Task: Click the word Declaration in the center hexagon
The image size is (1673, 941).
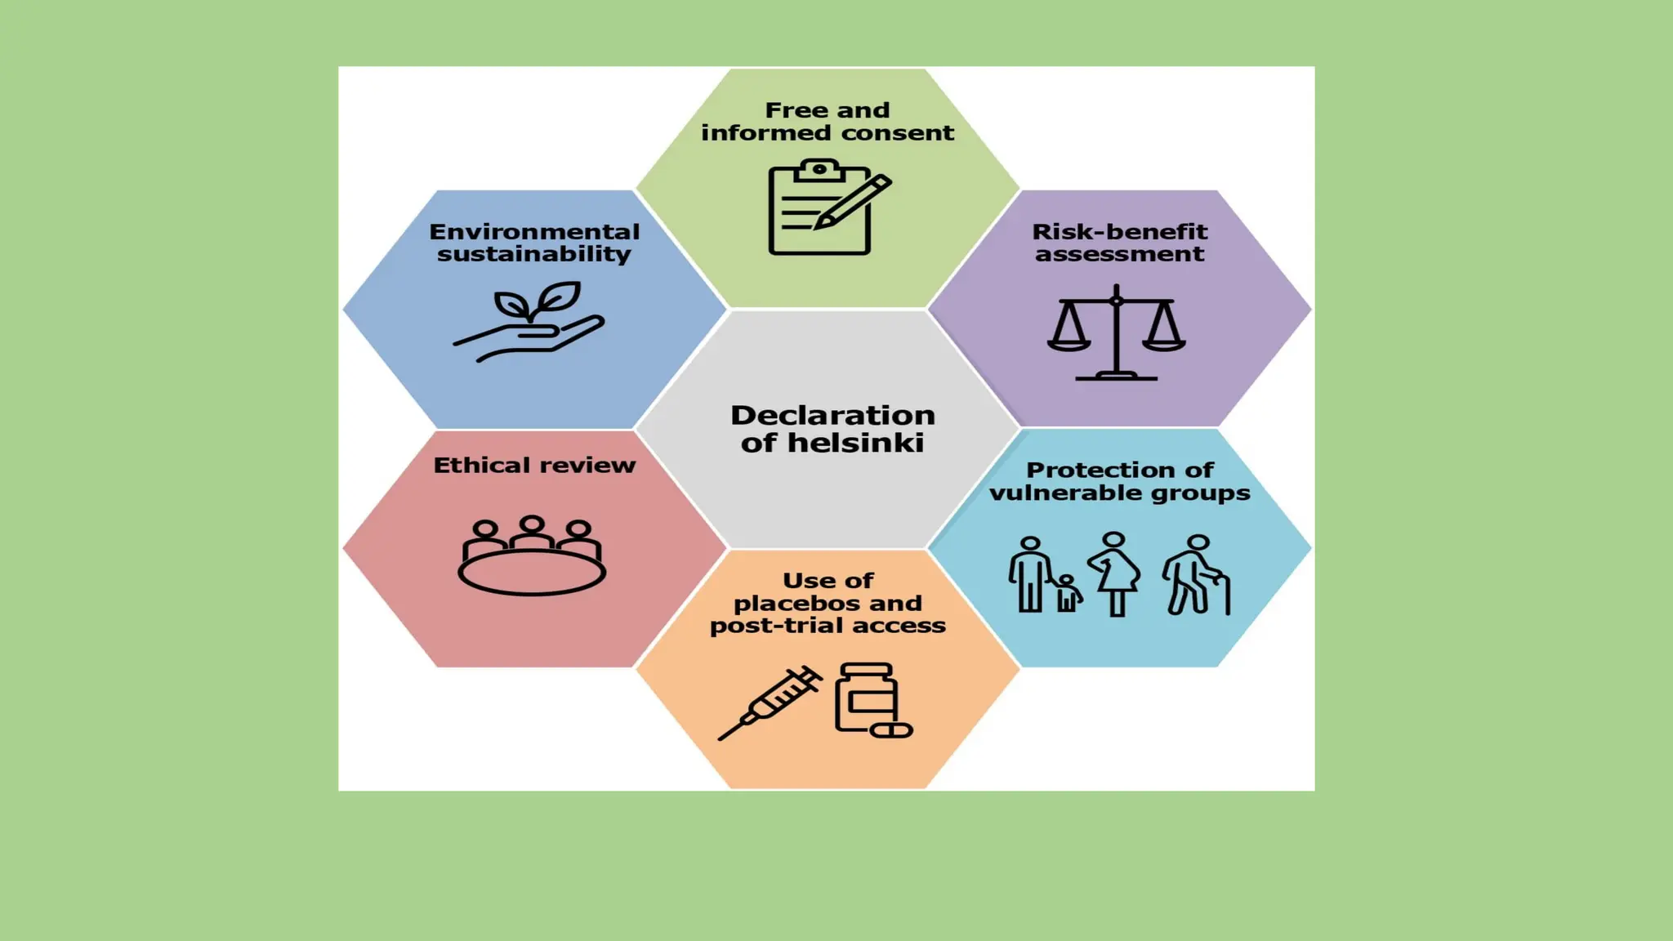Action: pos(832,415)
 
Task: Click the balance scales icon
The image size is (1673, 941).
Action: pos(1116,333)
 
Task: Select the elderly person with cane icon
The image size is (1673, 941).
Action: pos(1196,575)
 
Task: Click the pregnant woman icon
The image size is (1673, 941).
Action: pos(1114,573)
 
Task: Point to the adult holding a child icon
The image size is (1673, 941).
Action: pos(1042,575)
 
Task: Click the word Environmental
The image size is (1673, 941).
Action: pos(534,232)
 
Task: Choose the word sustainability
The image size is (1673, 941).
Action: pos(534,254)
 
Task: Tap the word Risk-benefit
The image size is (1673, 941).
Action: pos(1119,232)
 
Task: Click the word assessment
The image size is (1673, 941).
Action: pos(1119,254)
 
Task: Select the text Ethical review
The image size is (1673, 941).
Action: pos(534,466)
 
